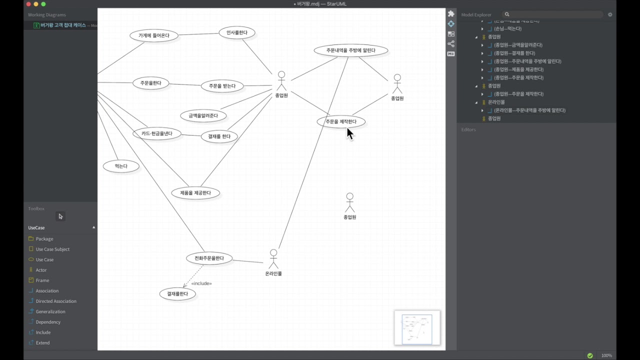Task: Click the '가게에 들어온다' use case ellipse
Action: (x=154, y=35)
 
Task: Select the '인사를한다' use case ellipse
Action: (x=237, y=33)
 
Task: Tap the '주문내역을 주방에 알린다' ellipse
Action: (x=351, y=50)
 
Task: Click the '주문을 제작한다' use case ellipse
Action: (x=341, y=121)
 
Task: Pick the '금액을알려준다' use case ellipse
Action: (x=203, y=116)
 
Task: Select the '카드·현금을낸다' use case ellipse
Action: (x=156, y=133)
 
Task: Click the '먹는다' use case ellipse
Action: (x=121, y=166)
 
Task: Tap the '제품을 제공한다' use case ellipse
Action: (x=195, y=193)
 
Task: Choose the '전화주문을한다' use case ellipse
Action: (x=209, y=258)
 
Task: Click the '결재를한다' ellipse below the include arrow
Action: (x=177, y=294)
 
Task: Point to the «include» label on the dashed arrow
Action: (x=201, y=283)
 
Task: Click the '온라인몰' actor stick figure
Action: (x=273, y=259)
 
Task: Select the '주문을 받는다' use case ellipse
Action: (x=222, y=86)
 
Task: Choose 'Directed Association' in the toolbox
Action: (x=56, y=301)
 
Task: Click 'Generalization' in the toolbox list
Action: (x=50, y=311)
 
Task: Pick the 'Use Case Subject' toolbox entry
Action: (x=52, y=249)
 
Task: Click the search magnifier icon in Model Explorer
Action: (x=507, y=14)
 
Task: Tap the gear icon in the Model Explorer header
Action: (x=610, y=14)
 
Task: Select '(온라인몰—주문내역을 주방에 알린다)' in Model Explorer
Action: (x=529, y=110)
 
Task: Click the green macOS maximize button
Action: (x=43, y=4)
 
